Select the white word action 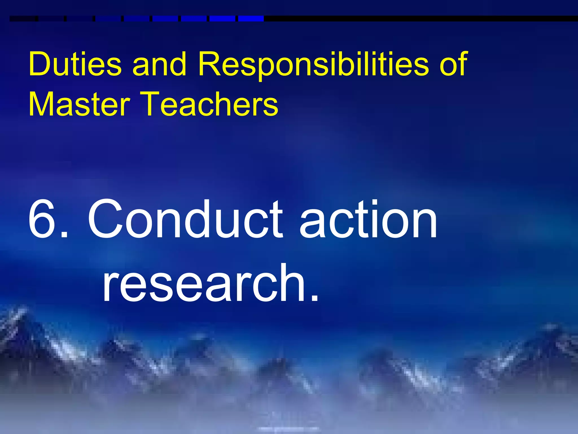(368, 219)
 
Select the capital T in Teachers (155, 104)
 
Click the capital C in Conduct (106, 219)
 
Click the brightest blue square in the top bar (251, 19)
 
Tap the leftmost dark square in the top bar (23, 19)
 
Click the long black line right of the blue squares (421, 19)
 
